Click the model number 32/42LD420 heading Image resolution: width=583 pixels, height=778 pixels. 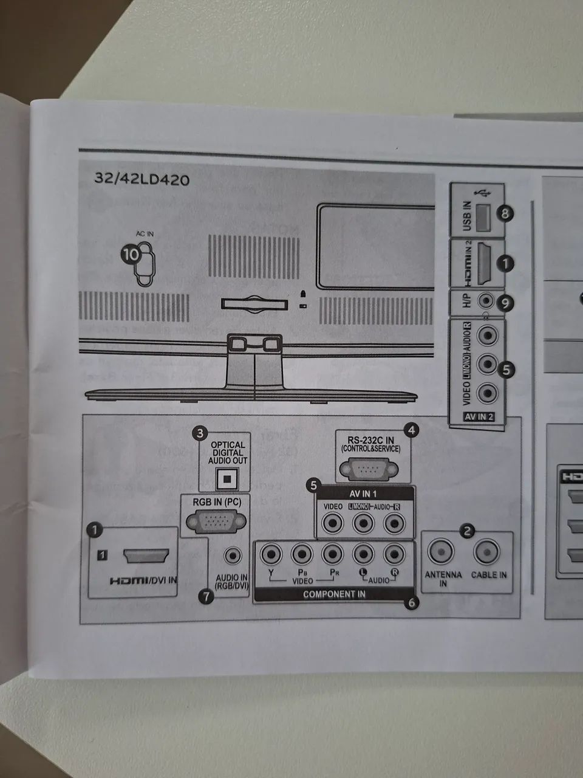[141, 179]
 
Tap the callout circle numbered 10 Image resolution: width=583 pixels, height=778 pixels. [131, 255]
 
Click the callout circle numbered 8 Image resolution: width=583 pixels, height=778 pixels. [505, 213]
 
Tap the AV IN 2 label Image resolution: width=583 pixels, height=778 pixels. [479, 418]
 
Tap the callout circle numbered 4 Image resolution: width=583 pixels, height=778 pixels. [412, 430]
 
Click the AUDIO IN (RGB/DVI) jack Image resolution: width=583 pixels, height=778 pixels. [233, 555]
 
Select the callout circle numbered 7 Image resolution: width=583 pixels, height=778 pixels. [206, 597]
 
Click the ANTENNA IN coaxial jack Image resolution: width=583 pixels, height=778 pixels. [442, 552]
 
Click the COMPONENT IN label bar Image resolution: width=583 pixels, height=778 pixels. [334, 594]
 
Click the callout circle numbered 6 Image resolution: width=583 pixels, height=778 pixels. [412, 603]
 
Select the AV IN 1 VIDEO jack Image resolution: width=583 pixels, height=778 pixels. [333, 522]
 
